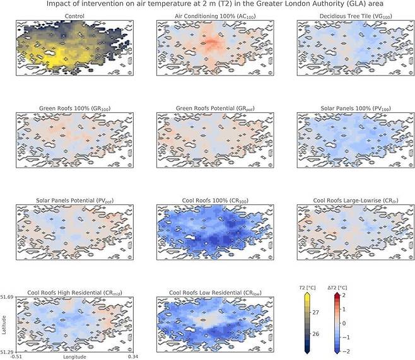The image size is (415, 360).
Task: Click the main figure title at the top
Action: (208, 4)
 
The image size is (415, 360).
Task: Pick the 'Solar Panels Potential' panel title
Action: (76, 200)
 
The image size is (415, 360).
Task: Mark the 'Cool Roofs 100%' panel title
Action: (214, 200)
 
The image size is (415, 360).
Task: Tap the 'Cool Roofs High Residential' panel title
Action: (76, 293)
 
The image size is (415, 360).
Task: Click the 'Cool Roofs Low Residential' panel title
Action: (214, 293)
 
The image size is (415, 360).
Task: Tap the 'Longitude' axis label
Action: (76, 356)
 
